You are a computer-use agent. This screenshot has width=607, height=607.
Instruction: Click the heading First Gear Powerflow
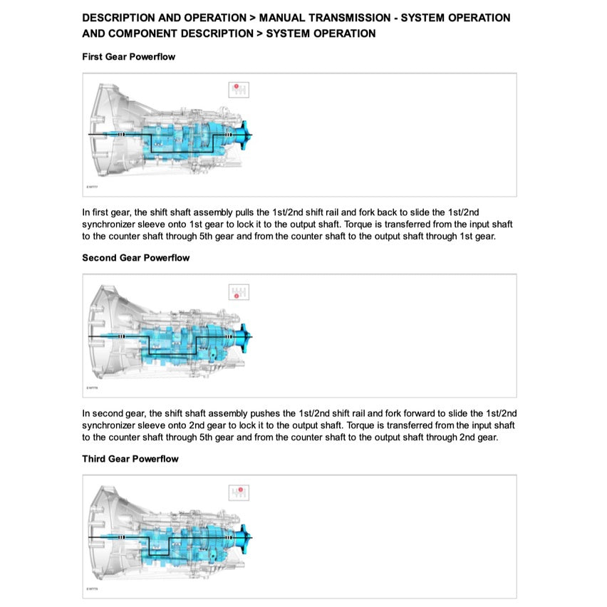tap(128, 56)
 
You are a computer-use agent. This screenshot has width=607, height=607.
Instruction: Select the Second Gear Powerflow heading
tap(135, 258)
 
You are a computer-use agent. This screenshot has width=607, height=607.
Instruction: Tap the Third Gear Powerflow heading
tap(130, 459)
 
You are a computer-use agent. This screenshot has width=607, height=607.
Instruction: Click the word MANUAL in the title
tap(282, 18)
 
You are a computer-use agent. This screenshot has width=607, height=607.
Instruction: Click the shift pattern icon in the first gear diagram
tap(239, 90)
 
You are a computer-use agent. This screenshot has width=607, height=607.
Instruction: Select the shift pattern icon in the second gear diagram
tap(239, 291)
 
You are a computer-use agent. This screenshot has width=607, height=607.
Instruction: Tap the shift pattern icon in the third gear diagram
tap(239, 492)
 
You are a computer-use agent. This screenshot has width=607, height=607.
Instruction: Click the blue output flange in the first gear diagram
tap(247, 135)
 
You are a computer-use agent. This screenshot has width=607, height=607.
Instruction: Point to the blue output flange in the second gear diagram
tap(247, 336)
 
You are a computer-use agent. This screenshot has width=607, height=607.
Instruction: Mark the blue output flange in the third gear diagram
tap(247, 537)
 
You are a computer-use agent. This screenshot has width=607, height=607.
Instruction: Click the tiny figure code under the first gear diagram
tap(92, 187)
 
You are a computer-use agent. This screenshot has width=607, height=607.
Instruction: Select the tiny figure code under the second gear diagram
tap(92, 388)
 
